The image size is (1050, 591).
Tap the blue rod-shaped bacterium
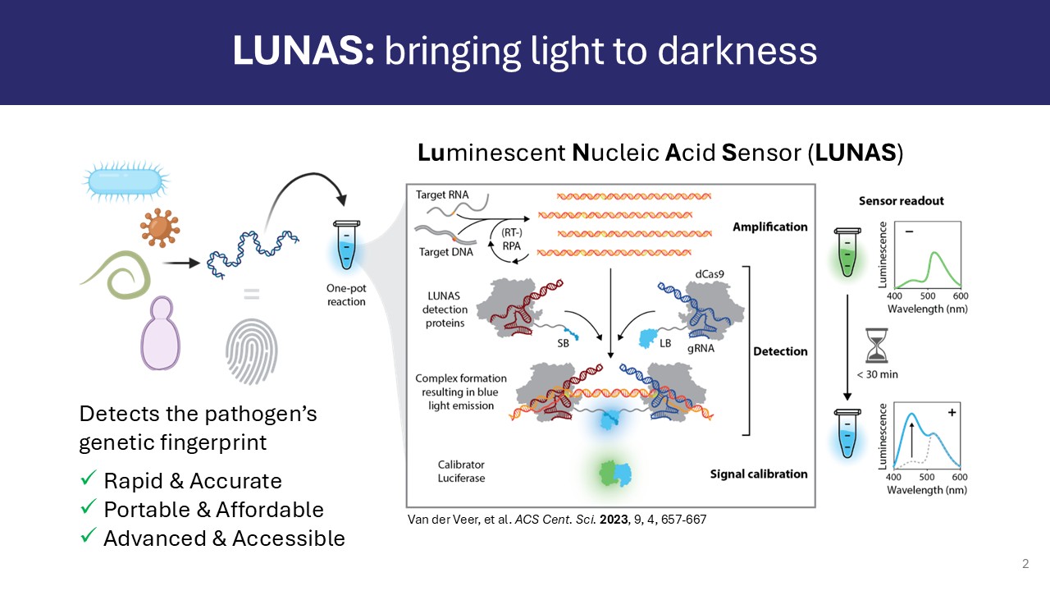coord(124,181)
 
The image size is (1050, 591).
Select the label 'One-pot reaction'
coord(345,295)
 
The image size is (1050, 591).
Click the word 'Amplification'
coord(769,227)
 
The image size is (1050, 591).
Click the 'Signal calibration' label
coord(758,474)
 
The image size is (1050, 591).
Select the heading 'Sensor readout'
coord(901,201)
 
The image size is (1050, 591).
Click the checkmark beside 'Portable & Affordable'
coord(88,508)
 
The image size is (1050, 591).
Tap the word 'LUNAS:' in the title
coord(304,51)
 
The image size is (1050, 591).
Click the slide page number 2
coord(1025,564)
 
